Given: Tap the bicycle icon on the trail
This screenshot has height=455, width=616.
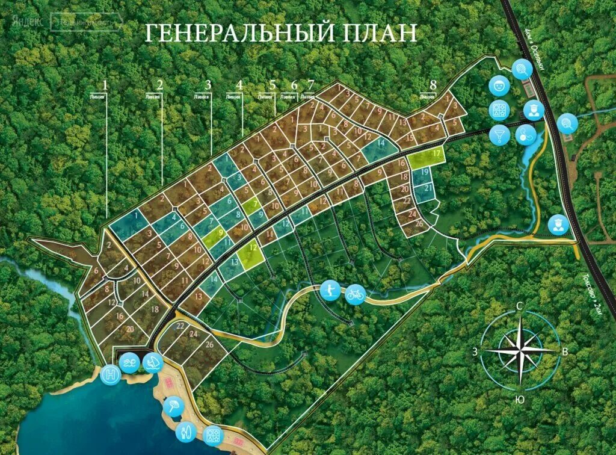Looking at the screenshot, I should coord(356,294).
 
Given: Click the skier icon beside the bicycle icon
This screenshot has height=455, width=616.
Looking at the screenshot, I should coord(329,290).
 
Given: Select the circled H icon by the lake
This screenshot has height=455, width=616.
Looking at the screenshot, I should coord(111,374).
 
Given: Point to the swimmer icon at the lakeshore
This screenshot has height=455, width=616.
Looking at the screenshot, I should coord(129,363).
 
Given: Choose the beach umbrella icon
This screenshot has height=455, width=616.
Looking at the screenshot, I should coord(172,407).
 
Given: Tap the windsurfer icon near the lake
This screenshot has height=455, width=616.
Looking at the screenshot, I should coord(152,362).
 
